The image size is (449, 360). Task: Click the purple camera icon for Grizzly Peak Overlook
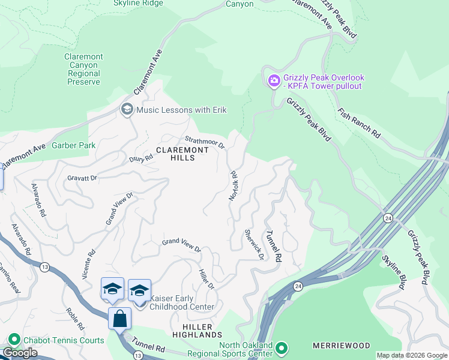[x=274, y=80]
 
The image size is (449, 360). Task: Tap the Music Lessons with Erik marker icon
[x=127, y=109]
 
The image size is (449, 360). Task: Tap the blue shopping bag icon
[x=119, y=318]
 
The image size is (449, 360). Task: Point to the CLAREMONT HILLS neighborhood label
[x=175, y=153]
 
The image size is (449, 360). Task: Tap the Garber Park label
[x=74, y=145]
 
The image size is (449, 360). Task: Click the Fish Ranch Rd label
[x=359, y=124]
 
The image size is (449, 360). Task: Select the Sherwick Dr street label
[x=255, y=244]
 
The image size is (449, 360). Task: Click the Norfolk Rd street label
[x=234, y=186]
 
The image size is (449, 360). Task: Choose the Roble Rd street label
[x=75, y=319]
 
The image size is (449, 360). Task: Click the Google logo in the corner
[x=20, y=353]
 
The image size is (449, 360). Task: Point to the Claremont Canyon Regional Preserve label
[x=83, y=69]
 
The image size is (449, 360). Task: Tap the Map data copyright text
[x=411, y=355]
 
